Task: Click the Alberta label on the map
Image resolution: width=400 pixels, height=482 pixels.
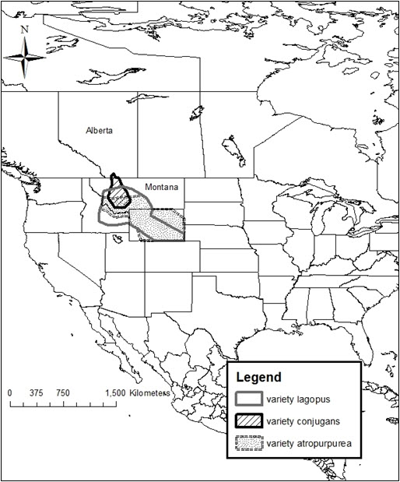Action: click(99, 131)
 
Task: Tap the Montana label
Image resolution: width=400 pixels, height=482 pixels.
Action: click(161, 188)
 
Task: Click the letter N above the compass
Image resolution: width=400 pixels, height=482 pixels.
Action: click(25, 29)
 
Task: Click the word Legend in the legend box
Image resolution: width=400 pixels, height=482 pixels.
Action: click(257, 378)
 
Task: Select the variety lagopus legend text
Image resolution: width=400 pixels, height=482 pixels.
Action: click(297, 399)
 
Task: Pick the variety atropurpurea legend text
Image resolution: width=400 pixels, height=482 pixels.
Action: click(307, 444)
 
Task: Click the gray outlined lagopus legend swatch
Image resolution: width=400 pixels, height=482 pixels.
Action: click(248, 399)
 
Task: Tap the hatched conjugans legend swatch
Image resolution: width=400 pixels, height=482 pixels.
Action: click(248, 421)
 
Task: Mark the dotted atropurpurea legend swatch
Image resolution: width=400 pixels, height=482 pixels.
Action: click(248, 444)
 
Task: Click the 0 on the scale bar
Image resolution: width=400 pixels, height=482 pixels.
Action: click(10, 392)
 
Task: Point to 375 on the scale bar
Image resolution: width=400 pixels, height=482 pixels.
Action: click(36, 392)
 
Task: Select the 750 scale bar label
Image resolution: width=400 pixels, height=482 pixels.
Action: click(62, 392)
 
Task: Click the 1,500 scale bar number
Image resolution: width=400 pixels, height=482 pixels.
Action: click(116, 392)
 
